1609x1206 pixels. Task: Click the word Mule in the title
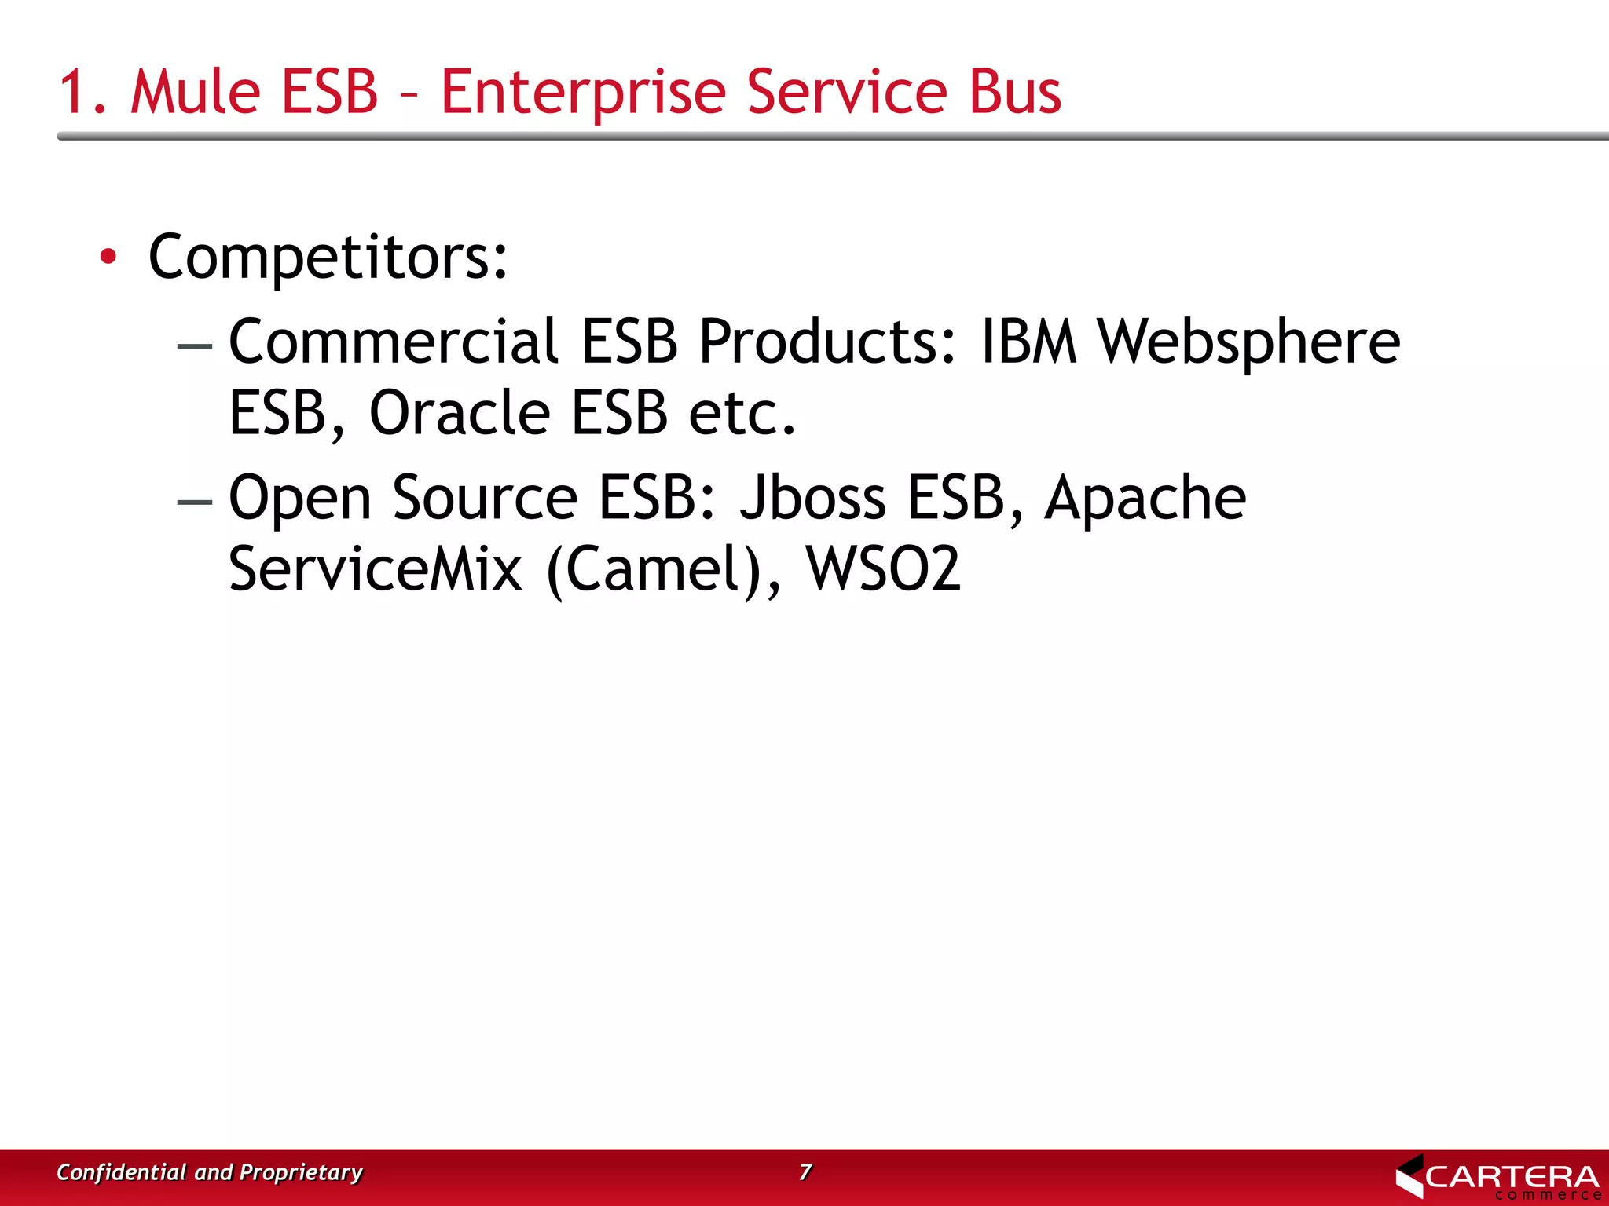[x=194, y=92]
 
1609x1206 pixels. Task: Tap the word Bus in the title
[x=1015, y=92]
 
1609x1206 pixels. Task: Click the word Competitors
[x=328, y=258]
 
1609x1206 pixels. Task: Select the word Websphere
[x=1248, y=343]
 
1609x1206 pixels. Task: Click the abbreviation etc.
[x=742, y=414]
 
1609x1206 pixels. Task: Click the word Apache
[x=1145, y=499]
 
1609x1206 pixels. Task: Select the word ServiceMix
[x=375, y=568]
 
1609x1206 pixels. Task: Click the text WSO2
[x=883, y=568]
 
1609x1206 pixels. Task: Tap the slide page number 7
[x=804, y=1171]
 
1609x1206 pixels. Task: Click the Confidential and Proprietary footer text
[x=210, y=1172]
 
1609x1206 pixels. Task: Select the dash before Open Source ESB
[x=195, y=501]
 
